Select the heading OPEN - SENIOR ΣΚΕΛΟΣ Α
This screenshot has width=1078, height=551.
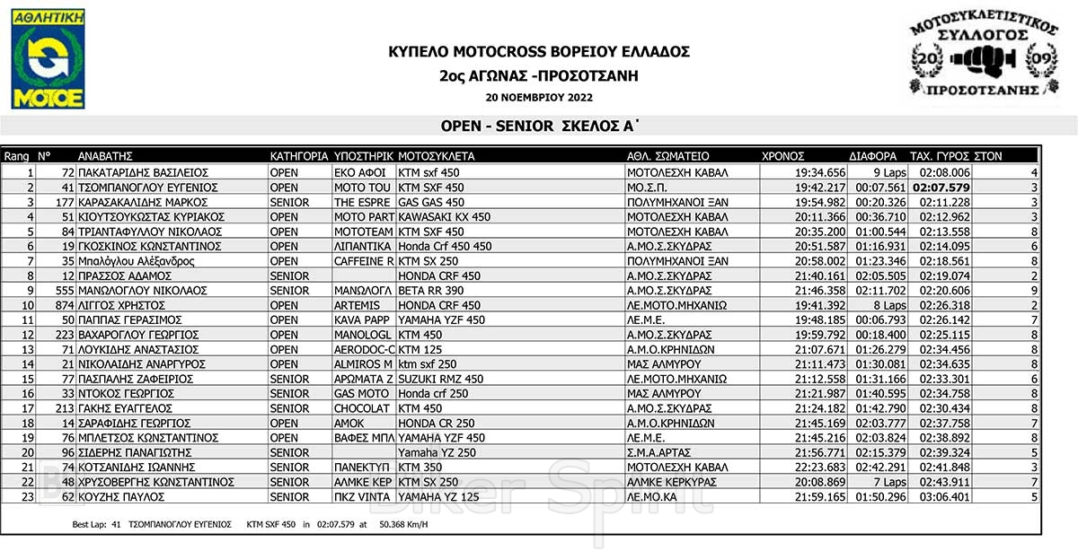click(x=540, y=127)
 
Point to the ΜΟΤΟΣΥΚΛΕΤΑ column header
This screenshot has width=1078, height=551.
click(x=436, y=156)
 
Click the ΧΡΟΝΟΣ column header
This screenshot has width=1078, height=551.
click(x=783, y=156)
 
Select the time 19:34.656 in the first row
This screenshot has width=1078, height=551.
click(x=820, y=172)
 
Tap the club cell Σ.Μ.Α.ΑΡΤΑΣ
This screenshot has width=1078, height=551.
click(x=663, y=452)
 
